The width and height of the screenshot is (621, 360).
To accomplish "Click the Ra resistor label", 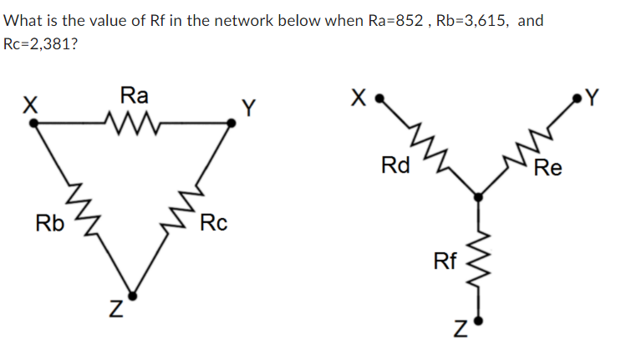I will point(133,94).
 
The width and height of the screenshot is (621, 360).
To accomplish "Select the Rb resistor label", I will point(49,224).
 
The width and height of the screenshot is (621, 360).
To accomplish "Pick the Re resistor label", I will point(550,168).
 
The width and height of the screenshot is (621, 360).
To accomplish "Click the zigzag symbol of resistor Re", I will point(525,146).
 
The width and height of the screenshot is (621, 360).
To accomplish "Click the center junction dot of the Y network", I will point(478,197).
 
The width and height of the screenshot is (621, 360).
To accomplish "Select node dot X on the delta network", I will point(33,123).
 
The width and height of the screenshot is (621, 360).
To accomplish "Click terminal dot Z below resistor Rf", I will point(478,320).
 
